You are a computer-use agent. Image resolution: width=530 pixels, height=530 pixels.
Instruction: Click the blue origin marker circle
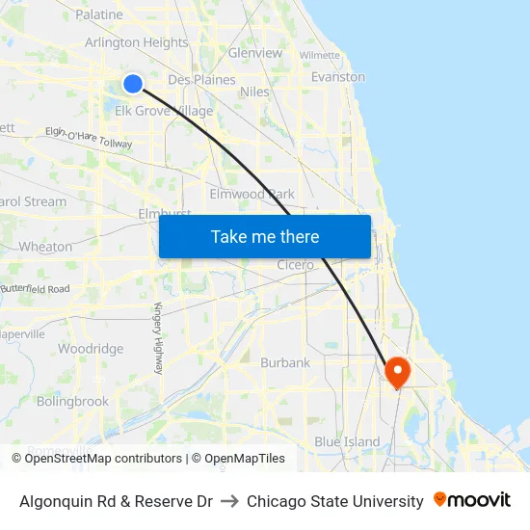[x=134, y=84]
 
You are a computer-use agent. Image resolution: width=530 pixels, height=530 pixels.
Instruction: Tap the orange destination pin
[x=397, y=371]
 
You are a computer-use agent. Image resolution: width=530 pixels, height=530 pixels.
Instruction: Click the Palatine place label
[x=99, y=14]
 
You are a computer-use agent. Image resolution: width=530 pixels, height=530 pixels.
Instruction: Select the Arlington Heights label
[x=136, y=42]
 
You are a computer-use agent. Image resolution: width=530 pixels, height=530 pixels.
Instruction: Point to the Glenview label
[x=255, y=53]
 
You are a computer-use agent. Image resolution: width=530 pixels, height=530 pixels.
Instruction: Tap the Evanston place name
[x=338, y=77]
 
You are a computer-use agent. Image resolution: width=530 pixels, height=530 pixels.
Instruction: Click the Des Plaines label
[x=201, y=80]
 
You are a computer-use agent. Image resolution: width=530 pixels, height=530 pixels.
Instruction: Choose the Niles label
[x=254, y=93]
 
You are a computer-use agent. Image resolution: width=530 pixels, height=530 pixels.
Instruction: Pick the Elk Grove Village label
[x=164, y=111]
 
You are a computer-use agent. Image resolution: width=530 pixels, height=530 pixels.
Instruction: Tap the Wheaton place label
[x=46, y=247]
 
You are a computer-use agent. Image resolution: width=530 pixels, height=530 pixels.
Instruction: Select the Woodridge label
[x=91, y=349]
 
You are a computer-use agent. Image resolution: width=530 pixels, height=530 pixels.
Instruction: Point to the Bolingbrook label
[x=72, y=401]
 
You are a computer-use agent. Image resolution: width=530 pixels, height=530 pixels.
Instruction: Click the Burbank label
[x=285, y=363]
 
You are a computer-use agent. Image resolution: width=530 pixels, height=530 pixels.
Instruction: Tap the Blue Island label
[x=347, y=441]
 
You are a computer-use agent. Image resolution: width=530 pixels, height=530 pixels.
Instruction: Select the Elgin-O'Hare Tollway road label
[x=89, y=138]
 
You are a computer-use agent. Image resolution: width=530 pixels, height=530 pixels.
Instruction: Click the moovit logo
[x=472, y=500]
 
